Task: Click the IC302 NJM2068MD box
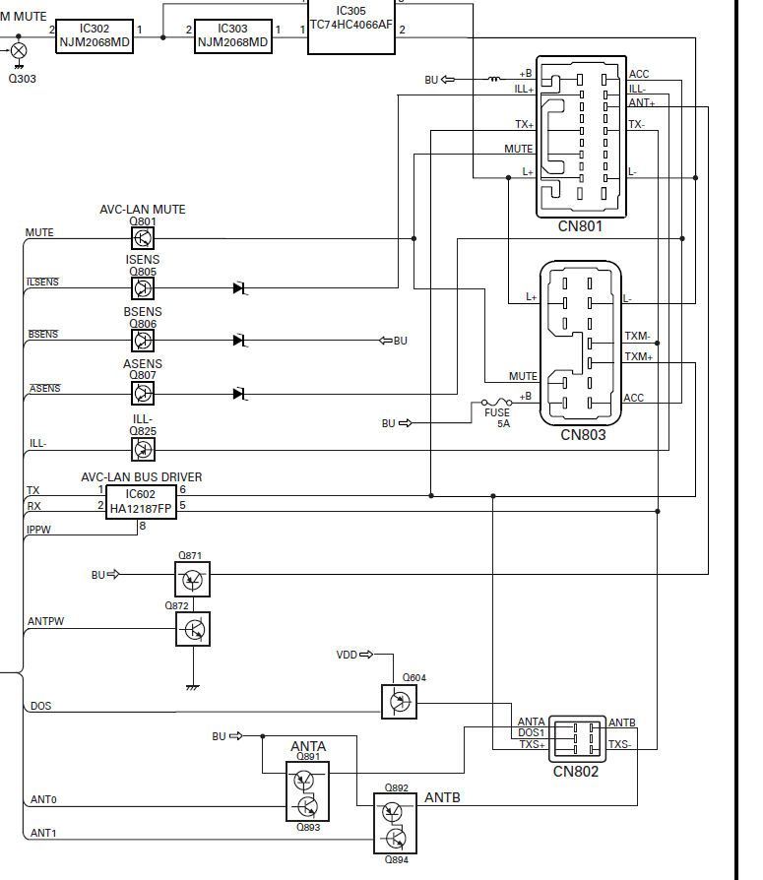coord(94,36)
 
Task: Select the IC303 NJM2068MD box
coord(232,36)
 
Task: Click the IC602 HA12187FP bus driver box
coord(141,502)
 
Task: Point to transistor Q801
coord(143,238)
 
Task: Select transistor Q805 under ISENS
coord(143,288)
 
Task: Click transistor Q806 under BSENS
coord(143,341)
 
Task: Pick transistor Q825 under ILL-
coord(143,449)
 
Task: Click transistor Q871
coord(192,580)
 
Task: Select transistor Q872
coord(193,628)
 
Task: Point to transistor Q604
coord(399,702)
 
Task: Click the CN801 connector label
coord(580,226)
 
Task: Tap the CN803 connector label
coord(583,435)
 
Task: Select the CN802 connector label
coord(575,772)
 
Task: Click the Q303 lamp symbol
coord(18,50)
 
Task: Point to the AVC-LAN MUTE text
coord(142,210)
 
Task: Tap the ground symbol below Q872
coord(193,686)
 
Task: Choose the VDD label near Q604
coord(348,655)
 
